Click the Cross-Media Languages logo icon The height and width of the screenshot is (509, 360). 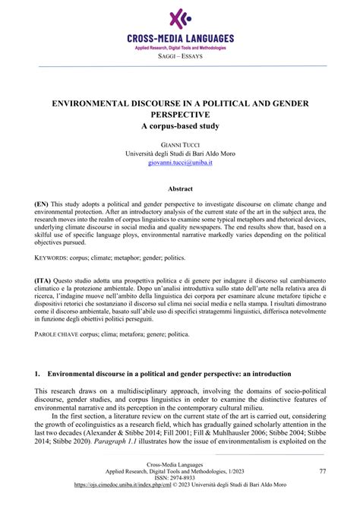180,17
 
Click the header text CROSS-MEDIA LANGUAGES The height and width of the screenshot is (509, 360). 180,38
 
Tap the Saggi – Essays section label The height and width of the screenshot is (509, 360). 180,56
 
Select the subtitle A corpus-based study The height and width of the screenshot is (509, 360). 180,125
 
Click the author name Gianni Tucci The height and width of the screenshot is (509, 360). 180,142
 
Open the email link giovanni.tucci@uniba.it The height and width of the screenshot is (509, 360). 180,162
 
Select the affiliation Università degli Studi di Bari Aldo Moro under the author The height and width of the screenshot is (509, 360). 180,152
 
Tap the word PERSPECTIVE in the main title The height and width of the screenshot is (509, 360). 180,113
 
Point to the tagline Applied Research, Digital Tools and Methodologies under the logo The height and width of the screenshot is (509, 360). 180,47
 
